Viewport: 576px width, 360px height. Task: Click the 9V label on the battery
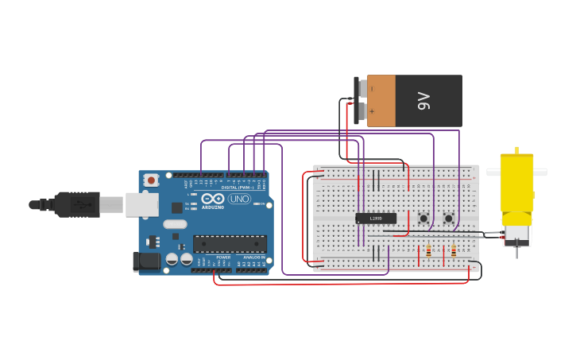pos(423,101)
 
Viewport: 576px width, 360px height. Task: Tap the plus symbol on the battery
pos(371,111)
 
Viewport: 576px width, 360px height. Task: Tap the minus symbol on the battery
pos(371,89)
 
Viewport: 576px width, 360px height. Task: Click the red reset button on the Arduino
pos(151,180)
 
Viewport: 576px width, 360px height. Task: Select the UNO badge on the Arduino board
pos(239,199)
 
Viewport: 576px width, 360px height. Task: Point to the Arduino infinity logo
pos(212,199)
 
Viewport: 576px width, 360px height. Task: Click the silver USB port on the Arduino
pos(141,205)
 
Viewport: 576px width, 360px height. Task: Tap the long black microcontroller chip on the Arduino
pos(230,244)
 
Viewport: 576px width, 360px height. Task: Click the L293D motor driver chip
pos(376,219)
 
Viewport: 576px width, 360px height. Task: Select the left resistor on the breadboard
pos(428,251)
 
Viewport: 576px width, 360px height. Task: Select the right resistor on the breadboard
pos(454,251)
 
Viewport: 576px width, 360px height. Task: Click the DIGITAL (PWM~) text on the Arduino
pos(238,188)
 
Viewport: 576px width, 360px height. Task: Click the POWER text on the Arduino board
pos(223,257)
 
